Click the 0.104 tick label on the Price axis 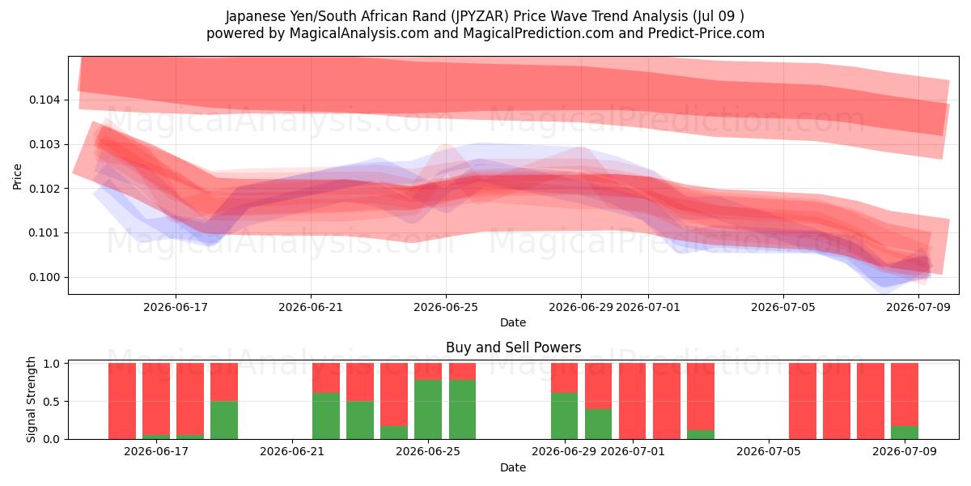tap(45, 100)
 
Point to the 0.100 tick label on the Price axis tap(45, 277)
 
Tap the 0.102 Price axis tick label tap(45, 189)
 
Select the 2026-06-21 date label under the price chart tap(311, 307)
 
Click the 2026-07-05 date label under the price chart tap(783, 307)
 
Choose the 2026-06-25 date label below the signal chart tap(428, 451)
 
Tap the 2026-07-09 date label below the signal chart tap(905, 451)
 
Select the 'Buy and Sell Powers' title tap(513, 347)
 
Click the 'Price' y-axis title tap(17, 177)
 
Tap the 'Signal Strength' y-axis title tap(31, 399)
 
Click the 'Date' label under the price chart tap(513, 322)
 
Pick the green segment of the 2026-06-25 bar tap(428, 409)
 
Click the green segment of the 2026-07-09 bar tap(905, 433)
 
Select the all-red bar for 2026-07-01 tap(632, 401)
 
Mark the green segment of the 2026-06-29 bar tap(564, 416)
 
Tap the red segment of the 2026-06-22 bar tap(326, 378)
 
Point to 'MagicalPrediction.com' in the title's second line tap(538, 33)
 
